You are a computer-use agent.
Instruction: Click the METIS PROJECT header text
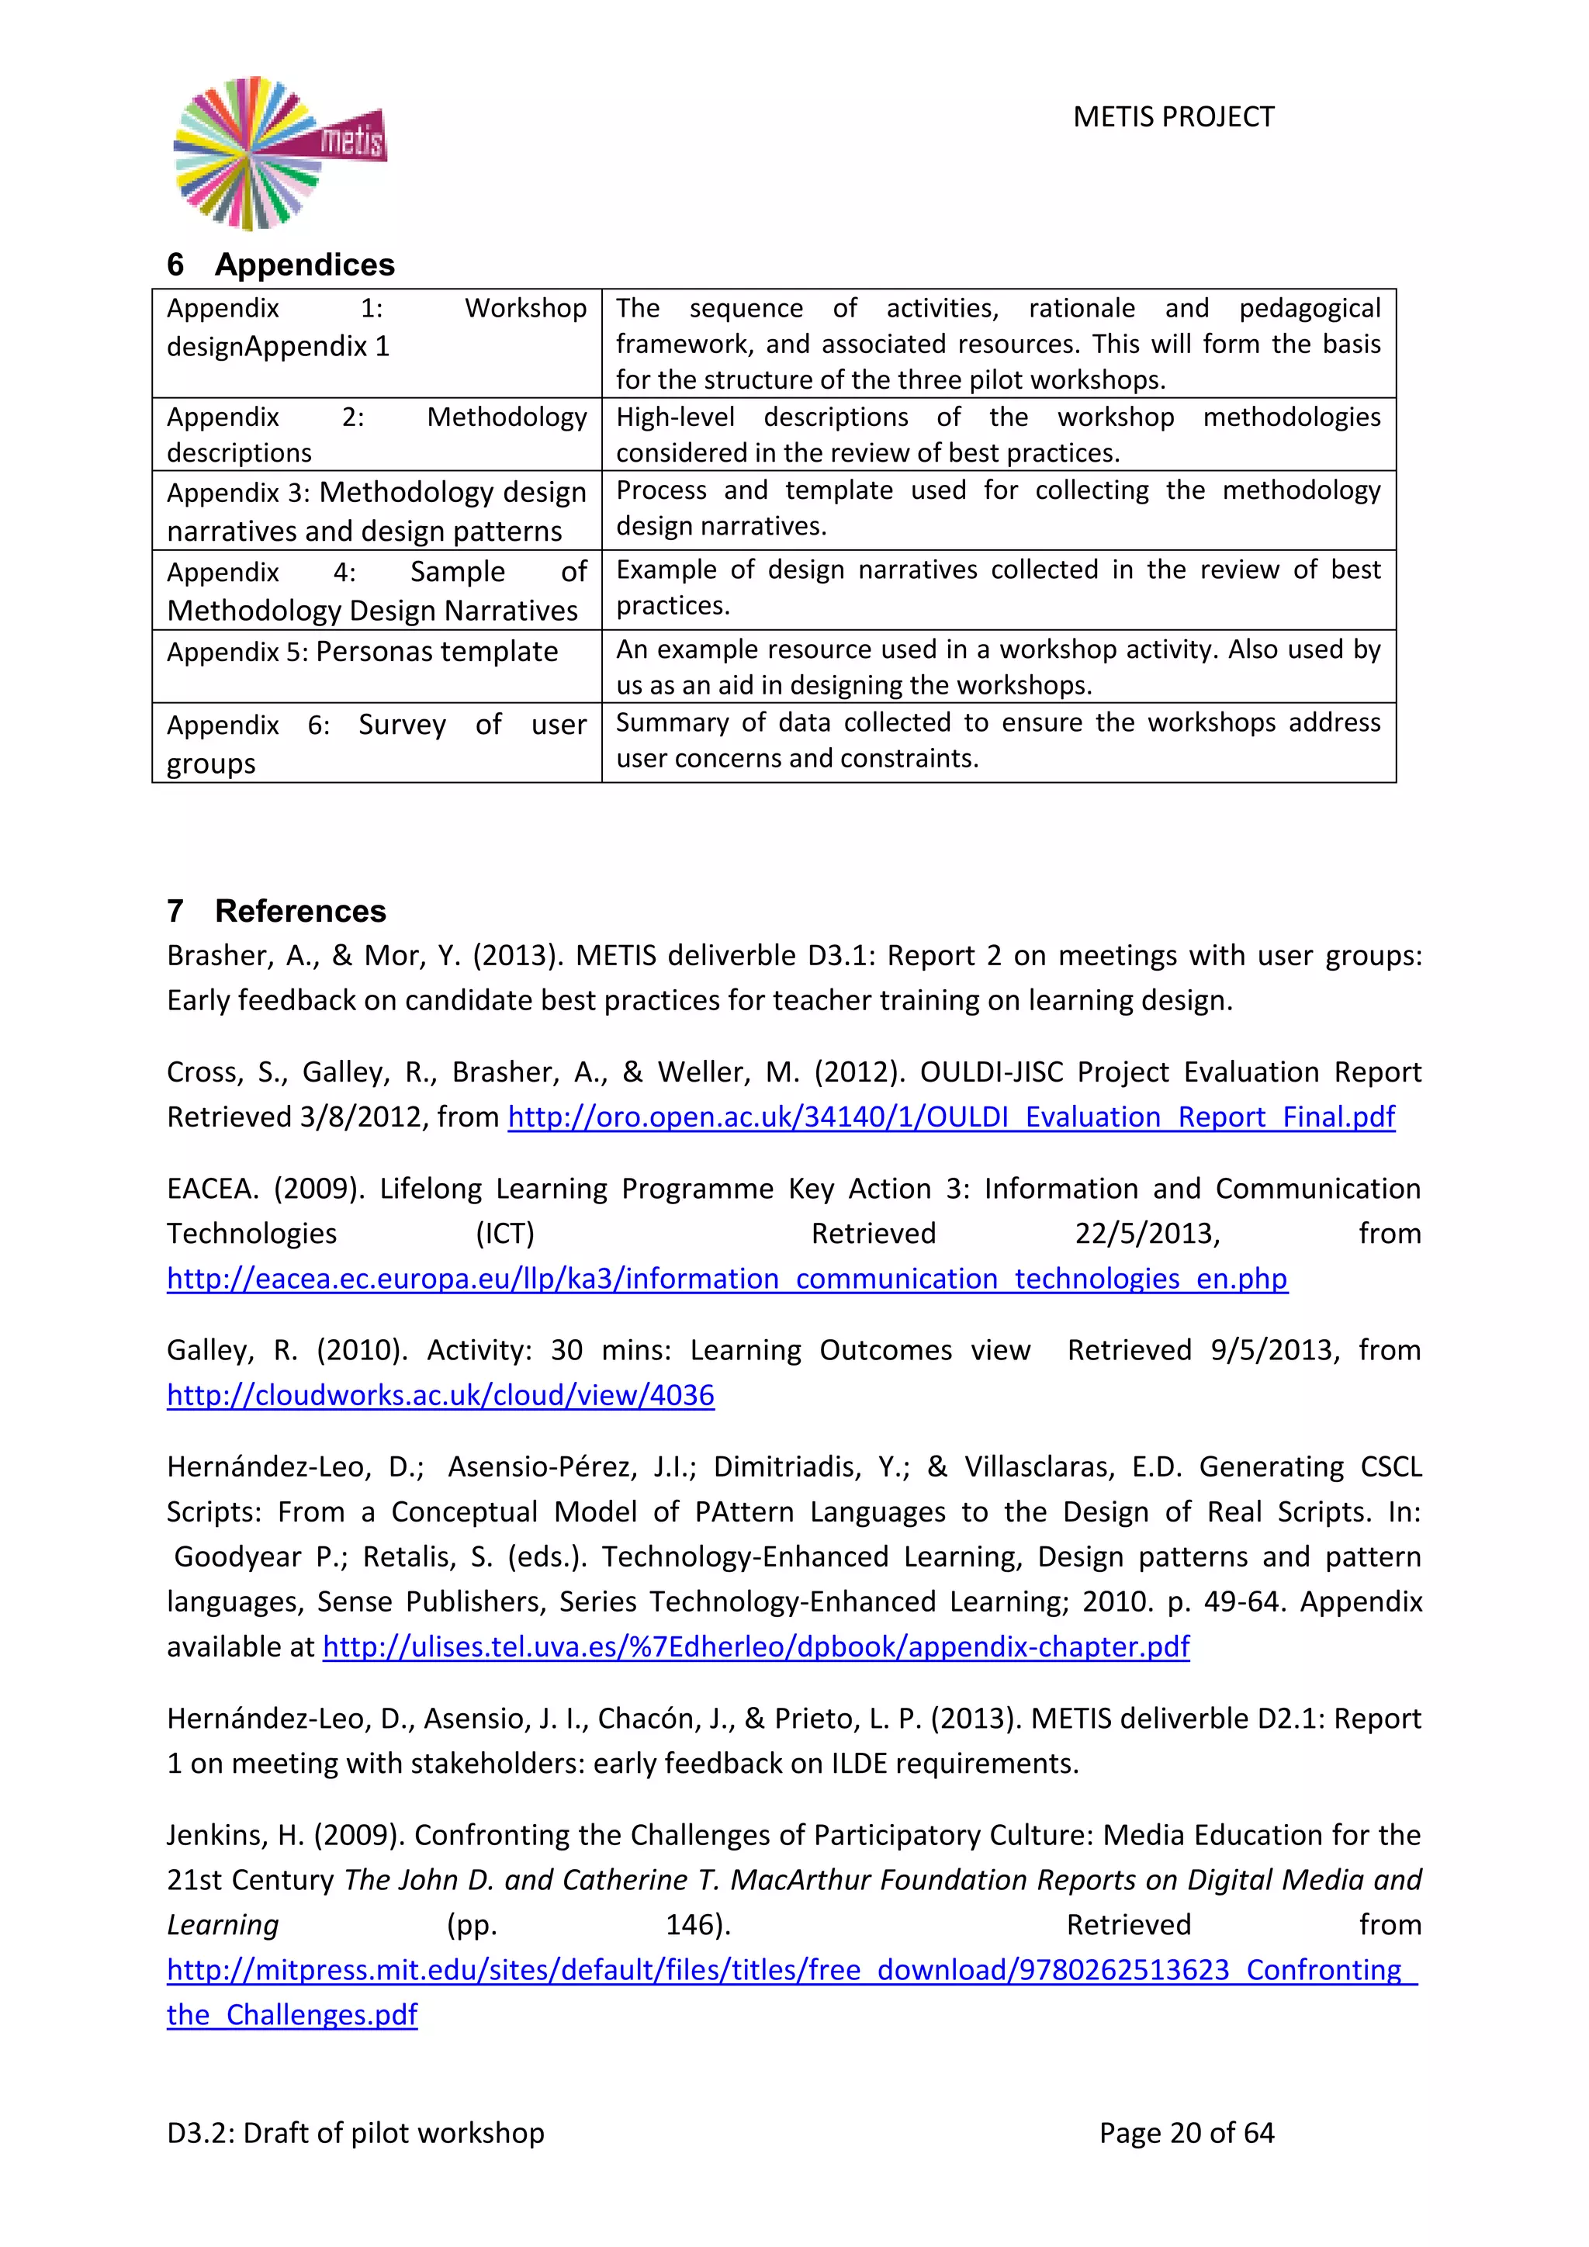tap(1172, 117)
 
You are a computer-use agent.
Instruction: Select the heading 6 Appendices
tap(281, 265)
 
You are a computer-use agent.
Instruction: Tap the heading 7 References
tap(276, 910)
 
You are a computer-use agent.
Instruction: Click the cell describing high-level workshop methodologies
tap(997, 434)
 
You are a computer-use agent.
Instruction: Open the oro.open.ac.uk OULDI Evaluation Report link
tap(950, 1117)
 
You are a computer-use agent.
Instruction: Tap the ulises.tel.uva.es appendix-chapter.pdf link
tap(756, 1646)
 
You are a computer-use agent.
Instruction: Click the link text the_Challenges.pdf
tap(292, 2014)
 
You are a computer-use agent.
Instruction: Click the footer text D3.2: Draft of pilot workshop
tap(355, 2132)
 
